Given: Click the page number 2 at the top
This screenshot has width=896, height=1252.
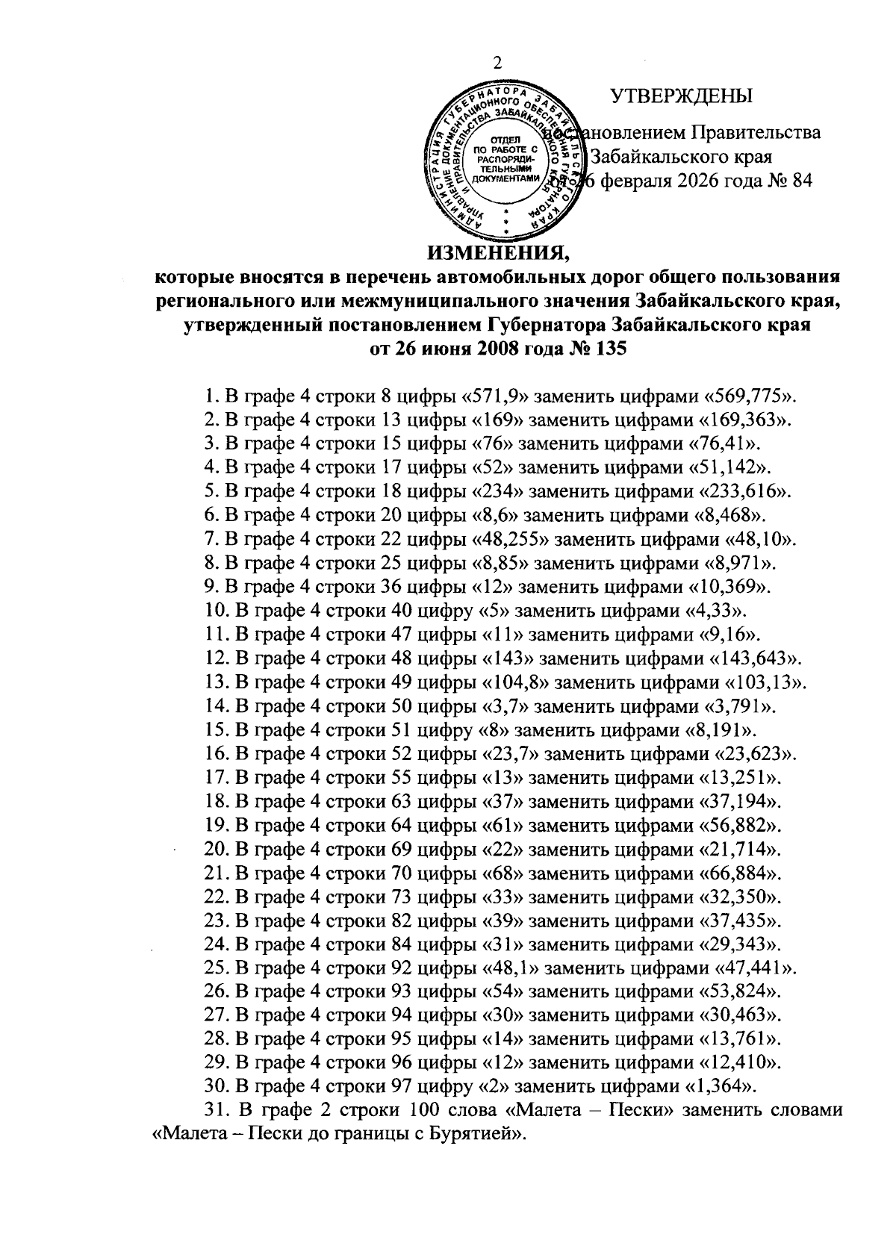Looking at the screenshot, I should (499, 63).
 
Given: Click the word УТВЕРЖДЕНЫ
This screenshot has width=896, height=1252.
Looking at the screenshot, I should (681, 96).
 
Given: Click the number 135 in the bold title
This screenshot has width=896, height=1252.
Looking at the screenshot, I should (609, 349).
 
